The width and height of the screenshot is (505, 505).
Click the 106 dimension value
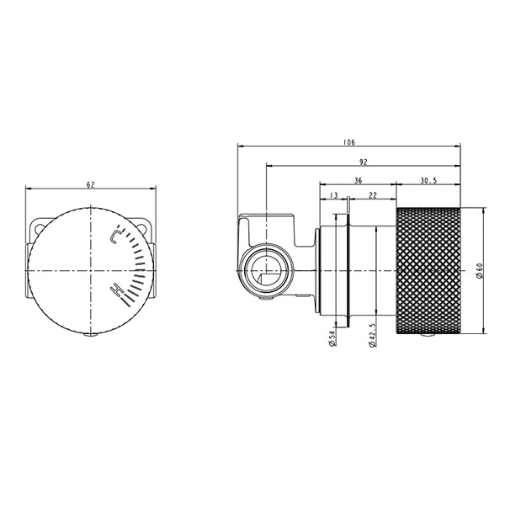click(348, 143)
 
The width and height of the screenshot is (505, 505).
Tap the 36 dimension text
click(358, 179)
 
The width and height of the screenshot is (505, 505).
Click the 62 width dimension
click(91, 183)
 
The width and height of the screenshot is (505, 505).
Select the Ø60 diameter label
click(478, 272)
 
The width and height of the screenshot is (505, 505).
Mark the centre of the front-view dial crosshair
click(91, 269)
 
